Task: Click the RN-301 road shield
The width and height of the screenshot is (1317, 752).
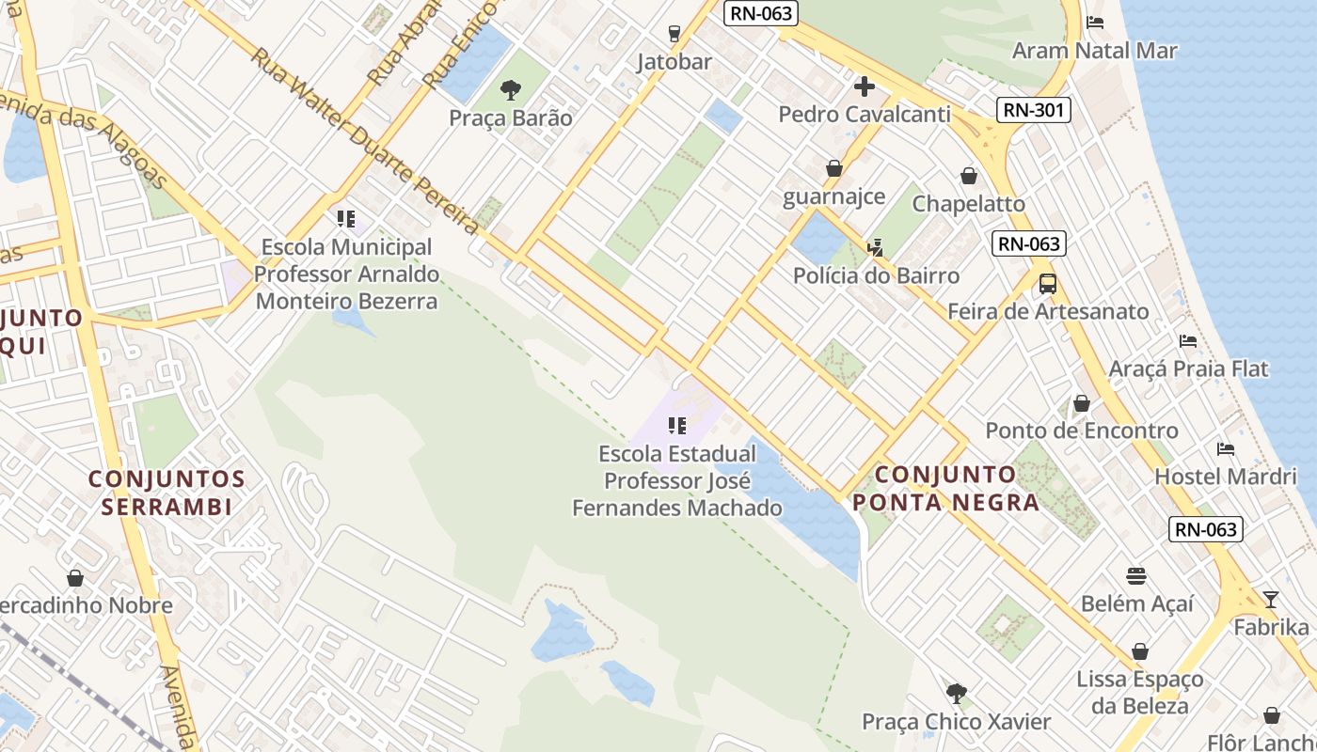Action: tap(1033, 110)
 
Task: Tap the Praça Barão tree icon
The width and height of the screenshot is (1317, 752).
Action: tap(511, 90)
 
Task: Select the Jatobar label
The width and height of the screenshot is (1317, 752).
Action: tap(674, 62)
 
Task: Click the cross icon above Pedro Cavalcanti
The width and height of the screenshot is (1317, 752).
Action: tap(864, 87)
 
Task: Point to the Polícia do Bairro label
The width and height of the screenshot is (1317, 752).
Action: tap(876, 275)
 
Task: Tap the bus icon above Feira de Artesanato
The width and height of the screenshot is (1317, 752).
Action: tap(1047, 283)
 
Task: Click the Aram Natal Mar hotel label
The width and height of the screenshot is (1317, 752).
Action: tap(1094, 51)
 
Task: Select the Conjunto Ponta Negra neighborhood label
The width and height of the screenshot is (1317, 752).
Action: tap(945, 488)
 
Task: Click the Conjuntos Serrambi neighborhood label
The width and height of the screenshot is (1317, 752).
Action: tap(167, 493)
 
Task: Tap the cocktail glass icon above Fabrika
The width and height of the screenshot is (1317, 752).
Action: tap(1270, 599)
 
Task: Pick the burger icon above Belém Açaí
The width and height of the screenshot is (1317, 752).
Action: tap(1136, 575)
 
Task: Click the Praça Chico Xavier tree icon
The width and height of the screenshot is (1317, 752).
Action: tap(956, 694)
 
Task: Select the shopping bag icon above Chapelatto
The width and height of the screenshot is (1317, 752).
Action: tap(969, 176)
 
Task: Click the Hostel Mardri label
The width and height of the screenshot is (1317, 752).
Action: tap(1225, 477)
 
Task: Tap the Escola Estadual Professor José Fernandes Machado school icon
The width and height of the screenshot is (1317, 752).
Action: tap(676, 426)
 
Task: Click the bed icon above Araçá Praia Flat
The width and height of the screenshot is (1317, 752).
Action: tap(1188, 340)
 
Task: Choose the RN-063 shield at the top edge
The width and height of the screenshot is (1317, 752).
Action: tap(761, 13)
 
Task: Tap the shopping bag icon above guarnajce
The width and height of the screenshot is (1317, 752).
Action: tap(833, 168)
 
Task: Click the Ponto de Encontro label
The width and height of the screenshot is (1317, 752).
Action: tap(1081, 431)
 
